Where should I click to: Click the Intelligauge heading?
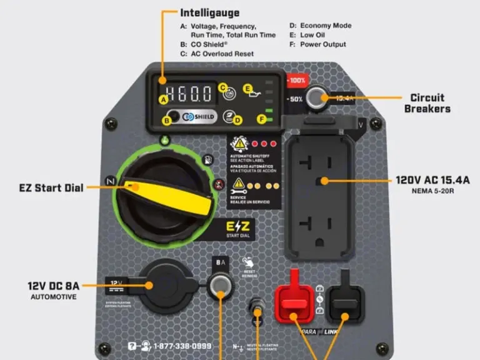click(x=209, y=12)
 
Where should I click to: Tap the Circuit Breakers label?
click(x=427, y=103)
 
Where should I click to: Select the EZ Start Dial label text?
click(x=51, y=187)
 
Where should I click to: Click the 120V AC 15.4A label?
click(x=432, y=180)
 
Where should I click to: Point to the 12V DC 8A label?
click(x=53, y=286)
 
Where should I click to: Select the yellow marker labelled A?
click(x=164, y=99)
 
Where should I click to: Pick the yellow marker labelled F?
click(x=261, y=119)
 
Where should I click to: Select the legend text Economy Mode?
click(x=324, y=26)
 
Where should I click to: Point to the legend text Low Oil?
click(x=312, y=35)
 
